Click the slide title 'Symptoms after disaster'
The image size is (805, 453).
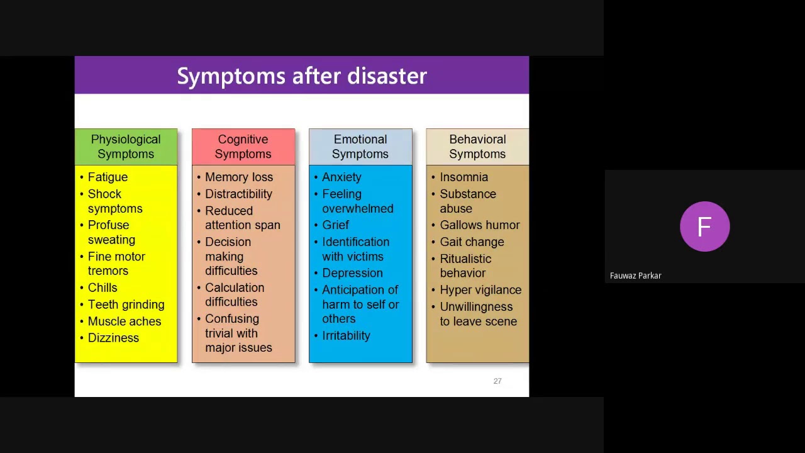[302, 76]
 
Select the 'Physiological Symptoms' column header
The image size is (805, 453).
[126, 147]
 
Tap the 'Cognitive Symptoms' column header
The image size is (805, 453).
[243, 147]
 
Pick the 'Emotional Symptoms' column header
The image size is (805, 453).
[360, 147]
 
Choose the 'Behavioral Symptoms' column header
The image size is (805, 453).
[477, 147]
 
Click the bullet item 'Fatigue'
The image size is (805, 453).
[108, 177]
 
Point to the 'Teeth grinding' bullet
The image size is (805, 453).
[126, 305]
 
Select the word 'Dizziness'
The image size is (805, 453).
[113, 338]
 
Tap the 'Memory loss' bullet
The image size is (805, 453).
[239, 177]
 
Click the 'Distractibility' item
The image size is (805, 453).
[238, 194]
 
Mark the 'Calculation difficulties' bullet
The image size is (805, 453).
[234, 294]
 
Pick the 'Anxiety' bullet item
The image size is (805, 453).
[341, 177]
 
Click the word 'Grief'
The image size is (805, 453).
[335, 225]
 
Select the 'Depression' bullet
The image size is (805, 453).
[352, 273]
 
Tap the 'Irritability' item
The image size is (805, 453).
[346, 335]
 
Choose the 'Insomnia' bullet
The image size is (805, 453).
[464, 177]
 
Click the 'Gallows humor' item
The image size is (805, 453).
[479, 225]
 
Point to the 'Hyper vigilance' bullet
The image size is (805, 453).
[480, 290]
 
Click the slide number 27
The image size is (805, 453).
[497, 381]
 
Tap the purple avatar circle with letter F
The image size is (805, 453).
[704, 226]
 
